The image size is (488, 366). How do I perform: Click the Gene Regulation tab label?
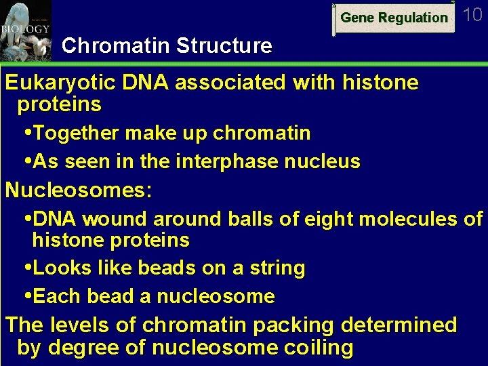394,18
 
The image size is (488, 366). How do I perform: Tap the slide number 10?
472,15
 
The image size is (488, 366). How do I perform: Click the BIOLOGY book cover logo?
25,30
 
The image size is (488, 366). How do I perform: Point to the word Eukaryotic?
60,83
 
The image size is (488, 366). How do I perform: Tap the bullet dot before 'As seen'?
27,162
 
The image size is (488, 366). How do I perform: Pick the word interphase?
211,162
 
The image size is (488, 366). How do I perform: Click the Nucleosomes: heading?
78,190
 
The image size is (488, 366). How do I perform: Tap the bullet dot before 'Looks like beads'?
27,268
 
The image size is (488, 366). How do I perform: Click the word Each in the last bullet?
54,297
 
